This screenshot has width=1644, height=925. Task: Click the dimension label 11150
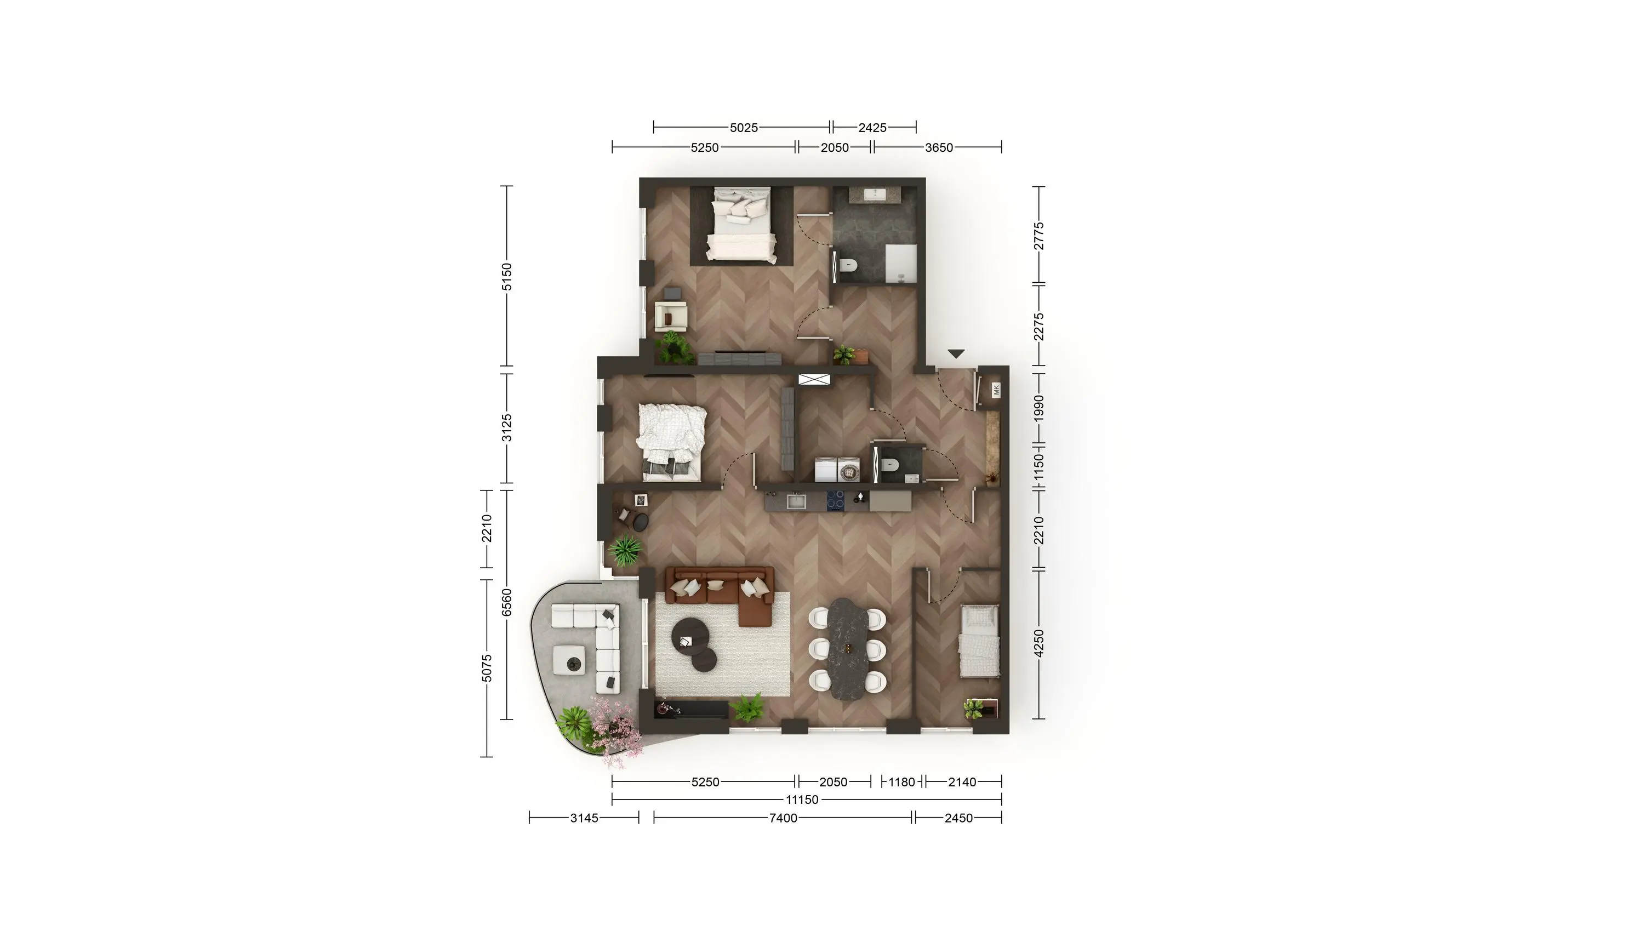coord(802,800)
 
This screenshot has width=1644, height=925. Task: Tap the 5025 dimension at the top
coord(744,128)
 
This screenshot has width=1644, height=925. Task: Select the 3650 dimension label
coord(939,148)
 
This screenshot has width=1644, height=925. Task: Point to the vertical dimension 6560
coord(507,603)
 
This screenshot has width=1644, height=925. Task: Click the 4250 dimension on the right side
coord(1039,643)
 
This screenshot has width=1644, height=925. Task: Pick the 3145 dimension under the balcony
coord(584,818)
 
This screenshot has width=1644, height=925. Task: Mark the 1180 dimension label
coord(902,782)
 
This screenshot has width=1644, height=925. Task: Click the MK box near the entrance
coord(996,390)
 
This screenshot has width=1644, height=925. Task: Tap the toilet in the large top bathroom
coord(847,265)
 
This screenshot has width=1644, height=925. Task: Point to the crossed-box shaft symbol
coord(814,379)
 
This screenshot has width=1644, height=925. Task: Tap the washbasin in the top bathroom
coord(873,194)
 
